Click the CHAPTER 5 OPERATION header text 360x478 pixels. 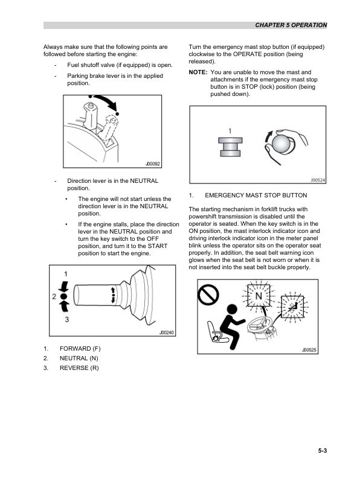291,25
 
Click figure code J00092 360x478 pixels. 153,163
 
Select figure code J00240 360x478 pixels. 166,332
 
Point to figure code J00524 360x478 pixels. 318,180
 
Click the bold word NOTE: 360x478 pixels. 198,72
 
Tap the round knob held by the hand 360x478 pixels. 281,145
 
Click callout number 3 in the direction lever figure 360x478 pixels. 66,320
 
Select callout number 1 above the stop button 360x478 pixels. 230,130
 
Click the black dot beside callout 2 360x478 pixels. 65,297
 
